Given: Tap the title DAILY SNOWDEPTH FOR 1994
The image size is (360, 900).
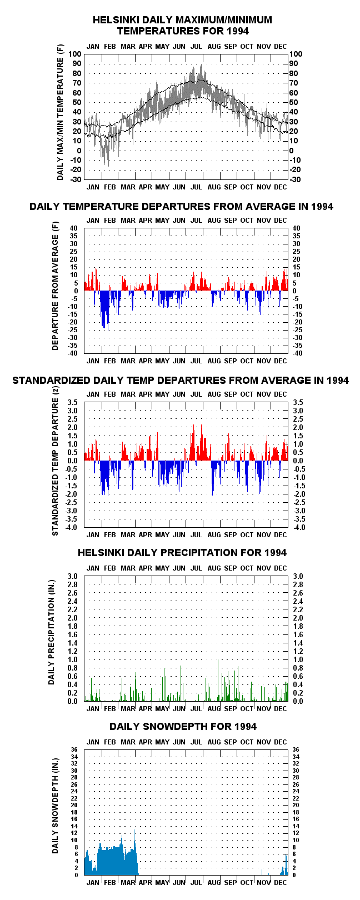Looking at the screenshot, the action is pyautogui.click(x=183, y=727).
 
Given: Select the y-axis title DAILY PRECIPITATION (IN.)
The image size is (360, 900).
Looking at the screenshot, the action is pyautogui.click(x=51, y=638).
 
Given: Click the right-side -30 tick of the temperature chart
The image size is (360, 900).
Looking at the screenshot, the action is pyautogui.click(x=296, y=179).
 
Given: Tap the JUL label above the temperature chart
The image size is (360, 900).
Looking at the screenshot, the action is pyautogui.click(x=196, y=47).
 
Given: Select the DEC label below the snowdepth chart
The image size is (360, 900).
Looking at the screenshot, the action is pyautogui.click(x=281, y=882).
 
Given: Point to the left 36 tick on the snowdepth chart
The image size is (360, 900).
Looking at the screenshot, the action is pyautogui.click(x=74, y=750).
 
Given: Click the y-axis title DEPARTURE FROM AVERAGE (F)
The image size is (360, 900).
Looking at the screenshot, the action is pyautogui.click(x=55, y=286).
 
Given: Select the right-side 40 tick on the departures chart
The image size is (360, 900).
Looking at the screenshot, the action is pyautogui.click(x=296, y=228).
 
